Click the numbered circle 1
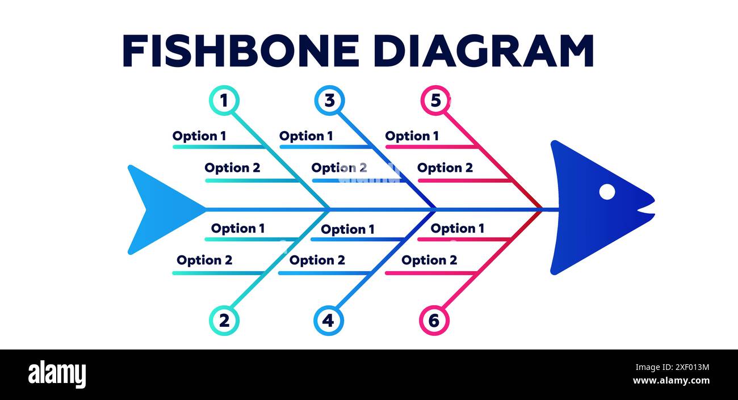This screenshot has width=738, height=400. tap(224, 101)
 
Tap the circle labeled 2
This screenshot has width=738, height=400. tap(224, 321)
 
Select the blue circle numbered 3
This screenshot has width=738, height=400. tap(329, 101)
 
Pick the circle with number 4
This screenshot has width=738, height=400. tap(328, 321)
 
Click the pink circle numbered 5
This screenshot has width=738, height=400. tap(435, 101)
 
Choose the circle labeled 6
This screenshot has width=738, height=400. tap(434, 321)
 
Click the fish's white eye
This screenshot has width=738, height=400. tap(607, 192)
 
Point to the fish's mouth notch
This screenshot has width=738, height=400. tap(644, 210)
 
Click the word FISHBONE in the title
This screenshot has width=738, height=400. tap(241, 51)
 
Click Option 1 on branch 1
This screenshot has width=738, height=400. tap(199, 136)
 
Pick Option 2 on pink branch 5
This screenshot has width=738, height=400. tap(445, 168)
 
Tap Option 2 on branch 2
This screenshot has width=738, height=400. tap(204, 260)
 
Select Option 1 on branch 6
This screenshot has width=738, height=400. tap(458, 229)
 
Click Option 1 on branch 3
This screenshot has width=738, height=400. tap(306, 136)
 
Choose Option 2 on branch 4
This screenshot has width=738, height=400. tap(317, 260)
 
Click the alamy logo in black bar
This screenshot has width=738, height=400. tap(57, 374)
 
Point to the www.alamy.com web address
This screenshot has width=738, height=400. tap(671, 381)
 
